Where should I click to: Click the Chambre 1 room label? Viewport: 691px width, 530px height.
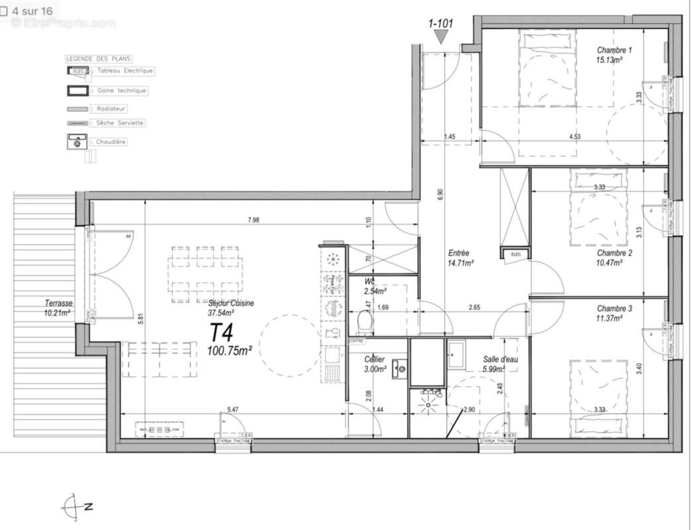point(614,50)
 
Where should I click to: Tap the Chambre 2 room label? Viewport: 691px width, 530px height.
point(614,253)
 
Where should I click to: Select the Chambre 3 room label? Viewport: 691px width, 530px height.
point(614,309)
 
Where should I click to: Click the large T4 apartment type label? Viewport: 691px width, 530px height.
point(223,331)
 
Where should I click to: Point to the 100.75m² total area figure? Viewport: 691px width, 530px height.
point(229,350)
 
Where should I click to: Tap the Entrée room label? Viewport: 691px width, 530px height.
point(459,253)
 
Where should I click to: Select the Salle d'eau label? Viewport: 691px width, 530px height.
point(500,358)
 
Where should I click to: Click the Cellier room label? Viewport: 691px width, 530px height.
point(375,359)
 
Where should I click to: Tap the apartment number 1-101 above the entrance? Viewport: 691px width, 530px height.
point(440,25)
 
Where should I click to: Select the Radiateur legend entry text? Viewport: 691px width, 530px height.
point(111,108)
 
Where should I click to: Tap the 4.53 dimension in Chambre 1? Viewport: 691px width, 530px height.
point(576,137)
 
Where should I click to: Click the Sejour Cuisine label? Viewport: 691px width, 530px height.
point(231,303)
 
